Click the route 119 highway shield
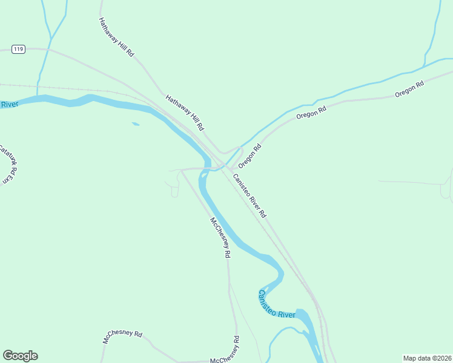coord(18,49)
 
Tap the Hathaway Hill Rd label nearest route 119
coord(116,37)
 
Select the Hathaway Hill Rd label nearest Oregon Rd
coord(185,113)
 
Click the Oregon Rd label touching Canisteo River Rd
coord(249,156)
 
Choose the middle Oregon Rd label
coord(311,113)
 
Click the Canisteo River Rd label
coord(249,192)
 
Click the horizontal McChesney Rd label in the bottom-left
coord(122,337)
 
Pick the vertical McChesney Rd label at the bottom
coord(234,350)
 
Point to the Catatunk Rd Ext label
coord(5,164)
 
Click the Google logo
coord(20,356)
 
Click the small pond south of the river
coord(136,125)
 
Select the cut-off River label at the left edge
coord(10,105)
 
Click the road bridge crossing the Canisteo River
coord(210,168)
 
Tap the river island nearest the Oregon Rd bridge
coord(203,175)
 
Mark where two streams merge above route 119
coord(51,38)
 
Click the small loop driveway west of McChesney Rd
coord(174,192)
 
